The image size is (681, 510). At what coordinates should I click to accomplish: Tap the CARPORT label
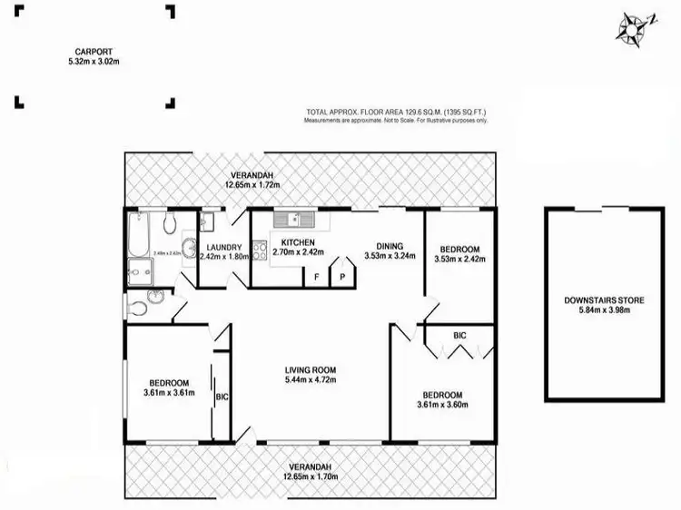pos(94,51)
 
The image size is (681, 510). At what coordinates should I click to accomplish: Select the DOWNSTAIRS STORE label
pos(602,300)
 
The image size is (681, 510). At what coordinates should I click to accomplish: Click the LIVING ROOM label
pos(311,369)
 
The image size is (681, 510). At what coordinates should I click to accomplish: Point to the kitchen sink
pos(297,219)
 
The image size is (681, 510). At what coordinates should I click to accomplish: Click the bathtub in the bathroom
pos(138,231)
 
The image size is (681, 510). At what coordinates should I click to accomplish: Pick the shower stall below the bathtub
pos(141,270)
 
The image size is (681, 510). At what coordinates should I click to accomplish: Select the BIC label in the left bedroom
pos(222,397)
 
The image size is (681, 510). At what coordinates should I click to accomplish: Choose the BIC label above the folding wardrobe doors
pos(459,336)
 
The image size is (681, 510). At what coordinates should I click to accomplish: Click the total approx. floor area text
pos(399,113)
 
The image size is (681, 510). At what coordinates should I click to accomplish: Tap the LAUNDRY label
pos(223,247)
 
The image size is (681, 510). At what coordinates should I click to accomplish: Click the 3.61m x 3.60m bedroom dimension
pos(443,406)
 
